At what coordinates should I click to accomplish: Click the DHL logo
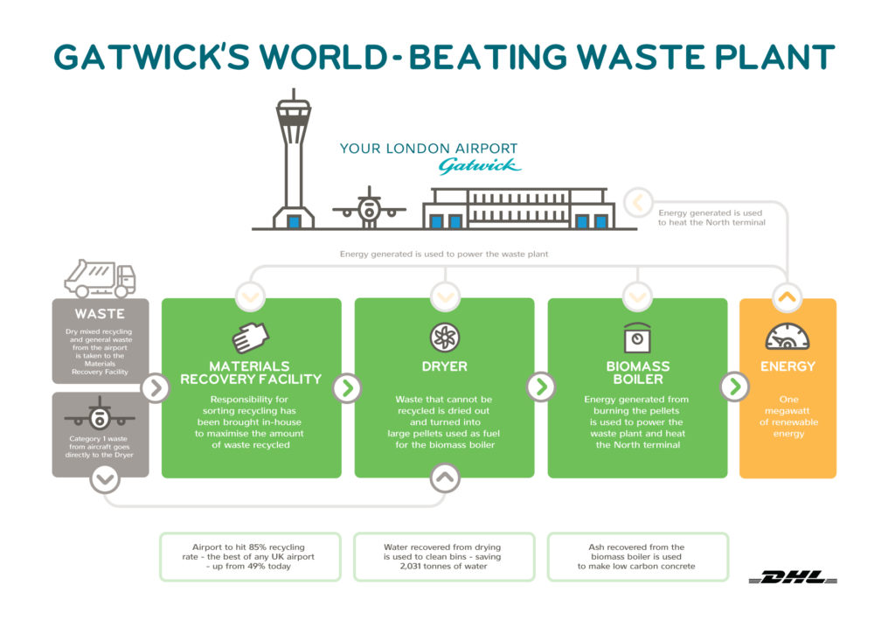(793, 577)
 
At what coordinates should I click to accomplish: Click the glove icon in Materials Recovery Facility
(251, 338)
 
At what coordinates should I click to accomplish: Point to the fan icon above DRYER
(444, 338)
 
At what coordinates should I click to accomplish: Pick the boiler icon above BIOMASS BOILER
(637, 338)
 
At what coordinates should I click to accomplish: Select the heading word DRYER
(444, 366)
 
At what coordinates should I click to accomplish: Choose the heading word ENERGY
(787, 366)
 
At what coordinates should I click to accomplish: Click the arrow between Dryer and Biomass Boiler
(541, 387)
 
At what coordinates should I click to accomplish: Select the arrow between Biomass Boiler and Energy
(734, 387)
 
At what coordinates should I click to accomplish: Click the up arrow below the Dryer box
(444, 477)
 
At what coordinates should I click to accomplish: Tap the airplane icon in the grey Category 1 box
(100, 412)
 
